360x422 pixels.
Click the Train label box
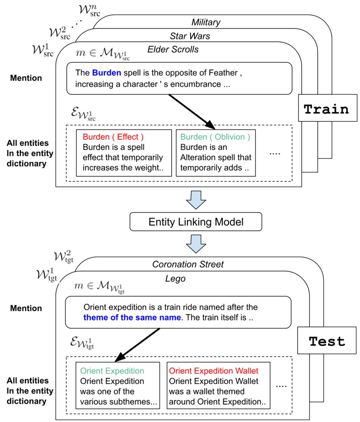coord(327,109)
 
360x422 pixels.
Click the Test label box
coord(327,341)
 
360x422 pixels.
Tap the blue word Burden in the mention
coord(106,72)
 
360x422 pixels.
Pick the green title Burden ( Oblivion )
coord(215,136)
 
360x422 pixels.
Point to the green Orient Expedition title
coord(112,371)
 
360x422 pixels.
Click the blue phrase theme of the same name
coord(132,316)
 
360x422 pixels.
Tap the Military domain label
coord(206,22)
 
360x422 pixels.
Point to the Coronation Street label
coord(188,264)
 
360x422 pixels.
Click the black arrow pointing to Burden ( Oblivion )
coord(191,111)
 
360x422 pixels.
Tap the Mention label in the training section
coord(26,78)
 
